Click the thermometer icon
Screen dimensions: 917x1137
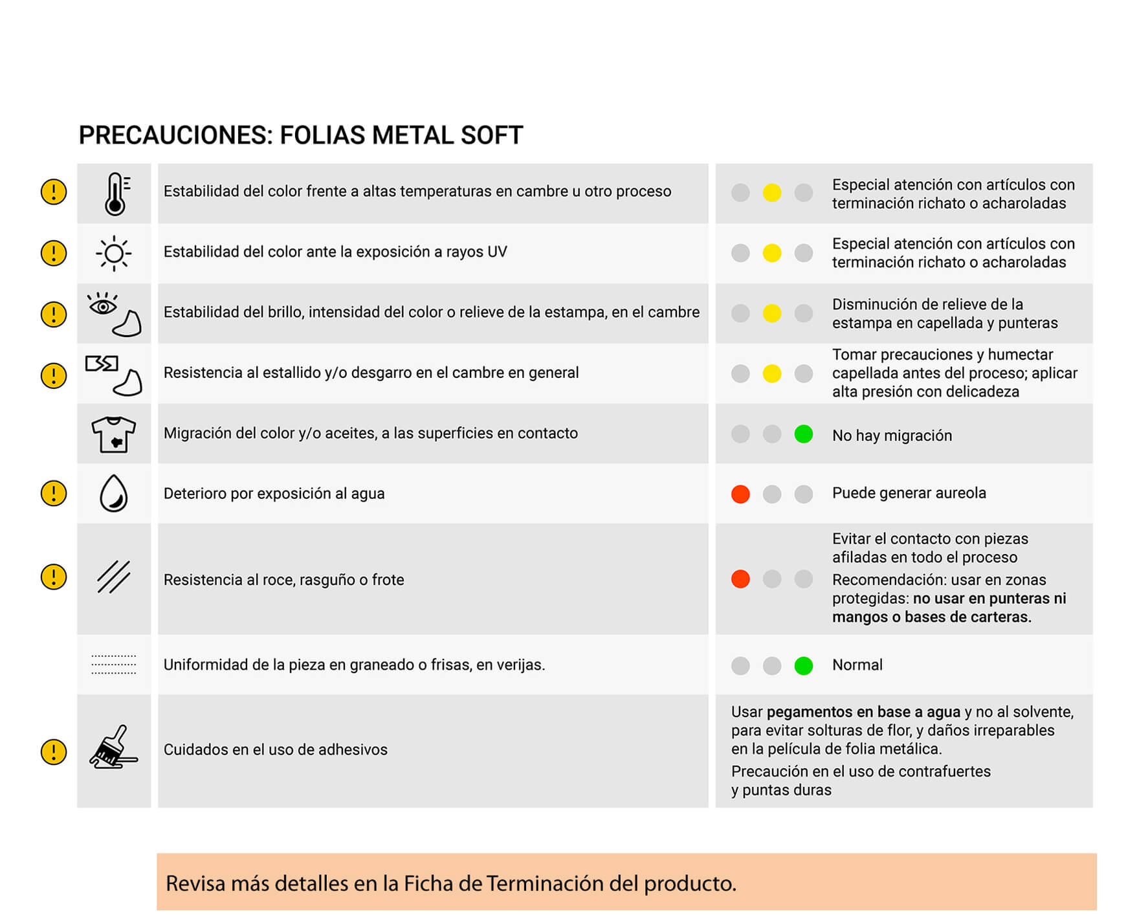pos(115,193)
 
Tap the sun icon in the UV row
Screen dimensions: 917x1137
pos(114,253)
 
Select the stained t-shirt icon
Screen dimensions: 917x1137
pos(114,434)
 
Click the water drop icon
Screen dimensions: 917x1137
pos(114,494)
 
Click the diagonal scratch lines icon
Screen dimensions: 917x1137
pos(114,577)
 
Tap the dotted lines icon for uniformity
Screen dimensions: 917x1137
pos(114,665)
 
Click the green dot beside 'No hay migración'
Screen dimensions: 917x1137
pos(803,434)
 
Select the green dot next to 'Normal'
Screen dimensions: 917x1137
pos(803,665)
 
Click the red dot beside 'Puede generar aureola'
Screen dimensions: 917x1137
pos(740,494)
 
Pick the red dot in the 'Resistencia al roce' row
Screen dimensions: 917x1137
pos(740,579)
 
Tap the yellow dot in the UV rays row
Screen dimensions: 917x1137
pos(771,253)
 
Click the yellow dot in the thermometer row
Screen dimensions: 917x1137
pos(771,193)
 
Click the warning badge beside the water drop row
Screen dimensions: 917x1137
pos(54,493)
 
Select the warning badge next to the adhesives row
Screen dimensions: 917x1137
pos(54,751)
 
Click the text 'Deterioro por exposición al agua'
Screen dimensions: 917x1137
pos(274,494)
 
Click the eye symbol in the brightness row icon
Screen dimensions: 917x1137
pos(103,305)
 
